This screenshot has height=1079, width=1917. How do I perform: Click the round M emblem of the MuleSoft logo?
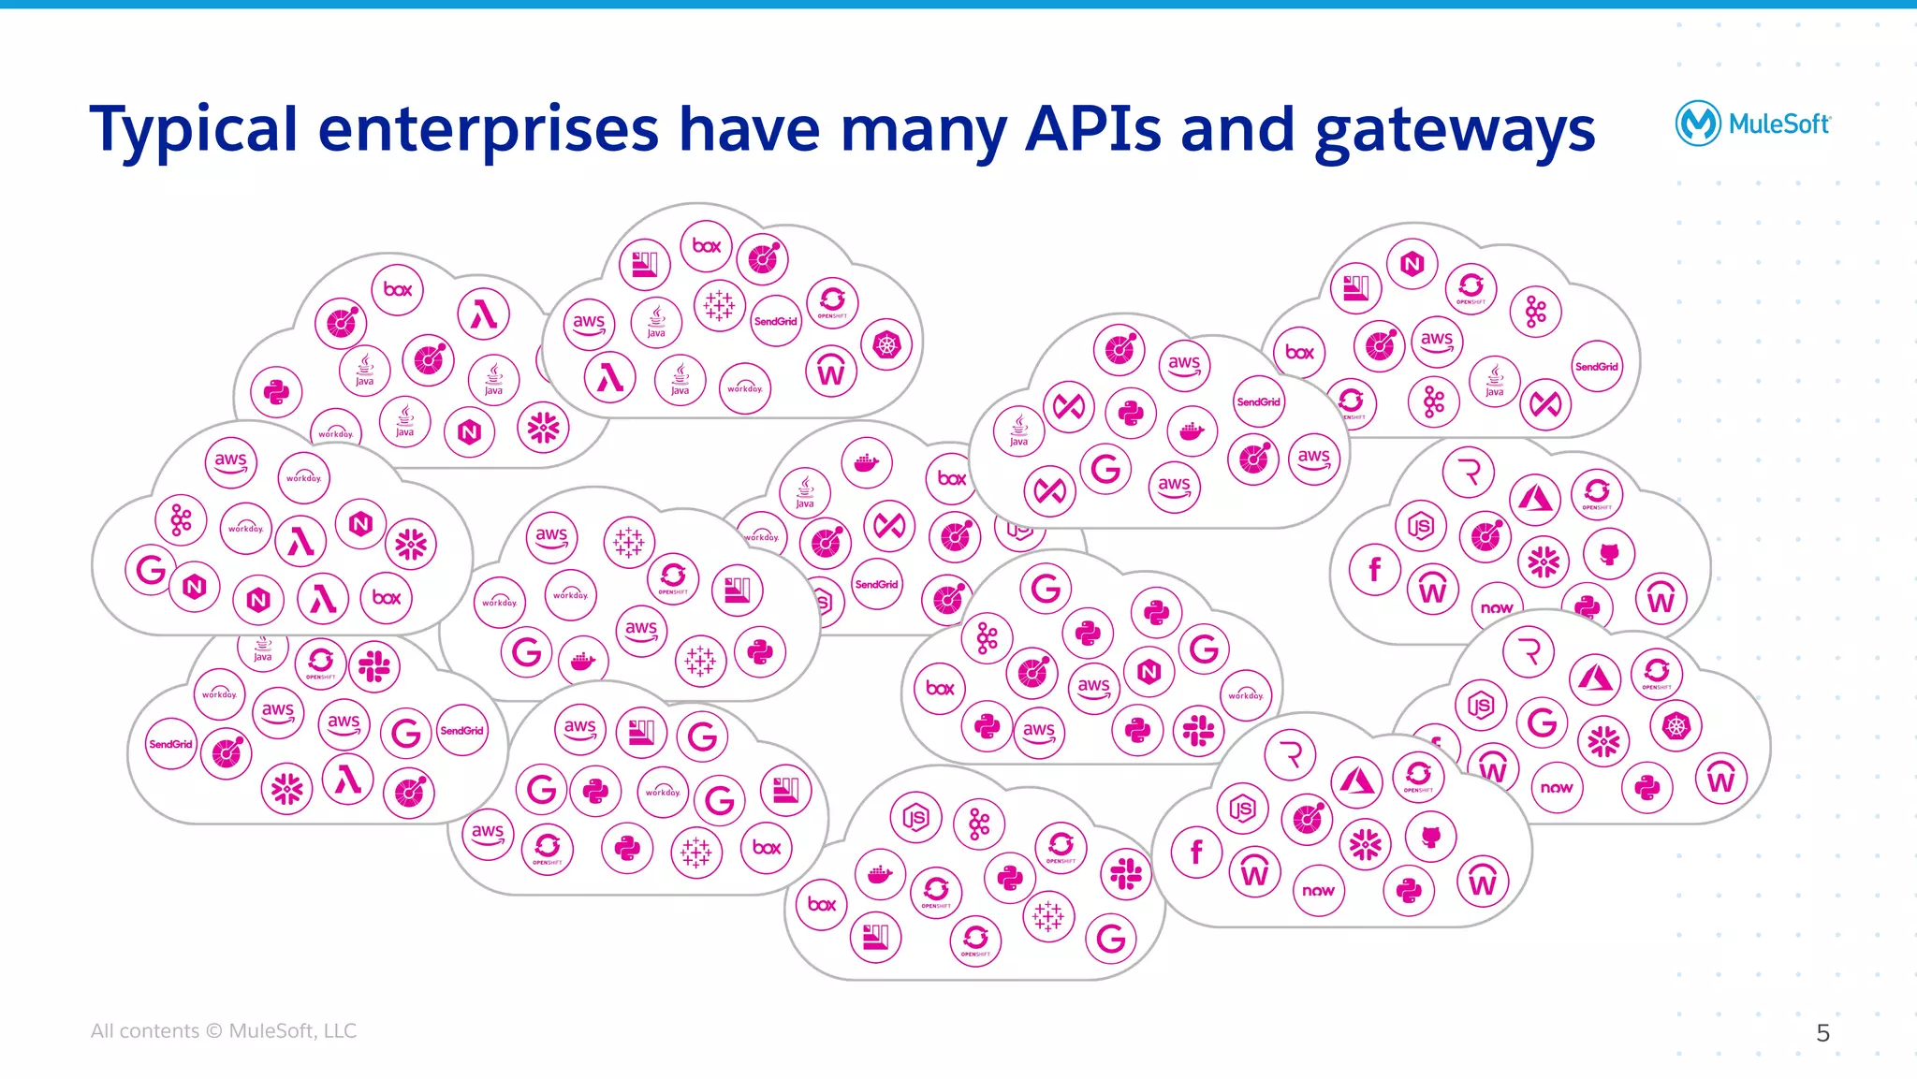point(1697,124)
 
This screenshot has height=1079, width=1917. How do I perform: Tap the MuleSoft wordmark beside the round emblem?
point(1778,124)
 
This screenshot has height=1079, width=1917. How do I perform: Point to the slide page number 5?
point(1822,1032)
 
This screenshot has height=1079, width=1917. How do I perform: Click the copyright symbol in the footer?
point(213,1030)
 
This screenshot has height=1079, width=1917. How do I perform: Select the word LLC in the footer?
point(340,1030)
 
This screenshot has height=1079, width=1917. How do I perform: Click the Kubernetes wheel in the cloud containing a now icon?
point(1676,726)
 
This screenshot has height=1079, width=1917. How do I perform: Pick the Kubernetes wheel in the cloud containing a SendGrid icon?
point(886,345)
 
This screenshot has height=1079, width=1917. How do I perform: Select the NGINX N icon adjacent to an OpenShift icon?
point(1412,265)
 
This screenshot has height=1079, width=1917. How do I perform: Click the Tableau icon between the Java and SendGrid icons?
point(719,304)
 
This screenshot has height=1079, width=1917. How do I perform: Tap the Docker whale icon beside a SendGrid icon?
point(1192,430)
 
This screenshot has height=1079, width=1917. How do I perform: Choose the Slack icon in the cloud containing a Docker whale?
point(1125,875)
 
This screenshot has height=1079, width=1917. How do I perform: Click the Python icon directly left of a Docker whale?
point(1131,414)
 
